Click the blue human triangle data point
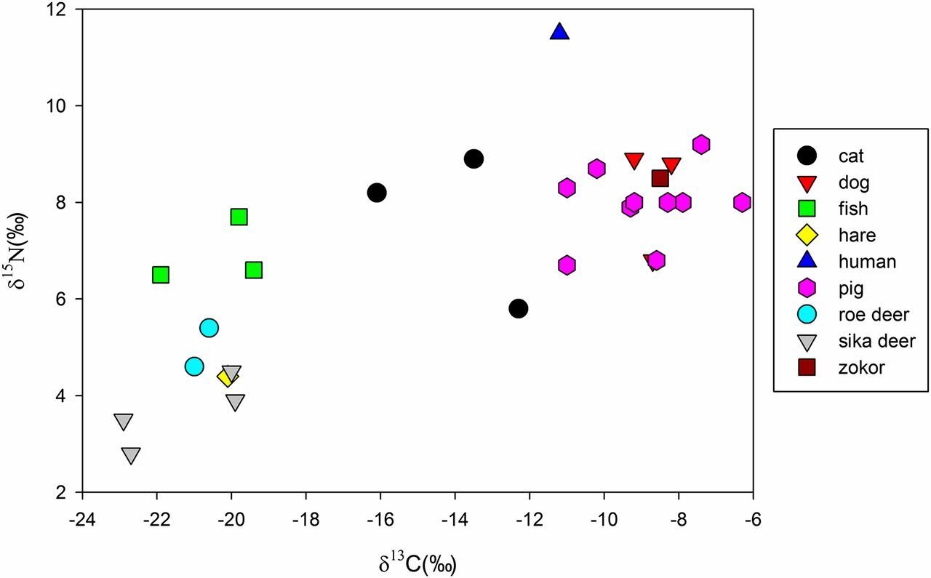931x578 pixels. pos(559,32)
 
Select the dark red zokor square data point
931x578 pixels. pos(660,178)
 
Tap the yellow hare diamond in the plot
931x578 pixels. pos(228,377)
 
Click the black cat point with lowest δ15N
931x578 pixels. pos(519,308)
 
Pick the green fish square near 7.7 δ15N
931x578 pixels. pos(239,217)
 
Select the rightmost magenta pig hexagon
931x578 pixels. pos(742,202)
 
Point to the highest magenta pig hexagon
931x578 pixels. pos(701,144)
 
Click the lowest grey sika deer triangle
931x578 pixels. pos(131,456)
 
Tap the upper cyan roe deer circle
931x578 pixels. pos(209,328)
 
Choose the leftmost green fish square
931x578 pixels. pos(161,275)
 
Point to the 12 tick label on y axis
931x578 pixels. pos(63,10)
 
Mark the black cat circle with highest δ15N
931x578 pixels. pos(474,158)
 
